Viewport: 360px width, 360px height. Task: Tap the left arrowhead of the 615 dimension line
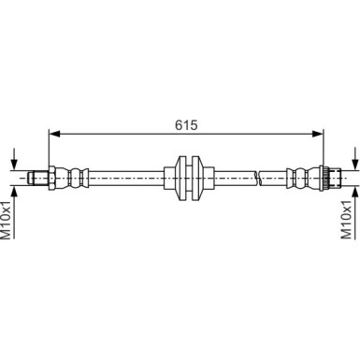[x=52, y=133]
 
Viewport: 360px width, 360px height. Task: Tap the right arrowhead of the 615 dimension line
[x=320, y=133]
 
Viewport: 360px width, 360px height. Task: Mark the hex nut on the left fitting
[x=55, y=176]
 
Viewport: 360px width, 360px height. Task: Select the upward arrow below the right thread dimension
[x=354, y=189]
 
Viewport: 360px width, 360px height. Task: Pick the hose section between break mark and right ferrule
[x=272, y=176]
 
